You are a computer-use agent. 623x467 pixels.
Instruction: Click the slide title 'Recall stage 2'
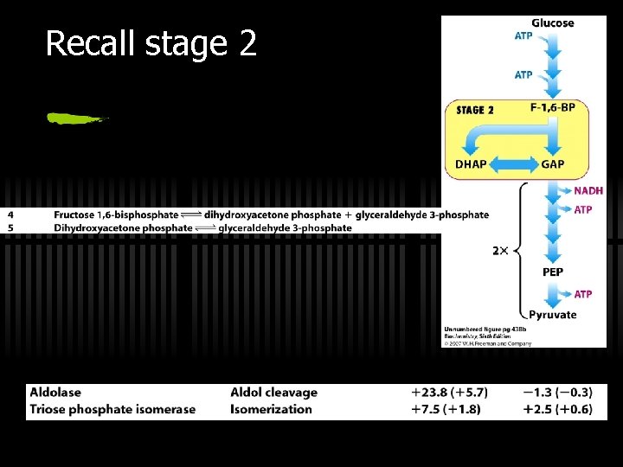click(x=151, y=42)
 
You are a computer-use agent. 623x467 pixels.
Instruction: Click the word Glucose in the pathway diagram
click(x=552, y=23)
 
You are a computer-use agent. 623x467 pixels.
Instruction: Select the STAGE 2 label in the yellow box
click(x=475, y=111)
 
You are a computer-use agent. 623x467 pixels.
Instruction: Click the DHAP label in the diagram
click(x=471, y=165)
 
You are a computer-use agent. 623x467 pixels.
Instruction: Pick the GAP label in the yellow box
click(x=553, y=165)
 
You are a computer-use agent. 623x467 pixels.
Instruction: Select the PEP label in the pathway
click(x=552, y=272)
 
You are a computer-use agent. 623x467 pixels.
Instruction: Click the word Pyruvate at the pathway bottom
click(x=552, y=315)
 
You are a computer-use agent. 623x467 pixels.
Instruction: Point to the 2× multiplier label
click(x=500, y=251)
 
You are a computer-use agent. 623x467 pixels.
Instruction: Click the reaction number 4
click(x=10, y=214)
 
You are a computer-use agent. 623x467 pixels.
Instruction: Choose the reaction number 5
click(x=10, y=227)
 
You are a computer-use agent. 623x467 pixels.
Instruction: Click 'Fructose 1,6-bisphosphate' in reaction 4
click(x=116, y=214)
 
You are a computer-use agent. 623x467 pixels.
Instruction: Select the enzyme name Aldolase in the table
click(x=56, y=393)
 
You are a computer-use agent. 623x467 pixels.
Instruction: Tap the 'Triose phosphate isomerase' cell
click(x=112, y=409)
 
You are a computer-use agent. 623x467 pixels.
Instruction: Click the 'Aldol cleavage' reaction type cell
click(x=273, y=393)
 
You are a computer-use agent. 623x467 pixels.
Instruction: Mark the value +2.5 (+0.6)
click(x=557, y=409)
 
